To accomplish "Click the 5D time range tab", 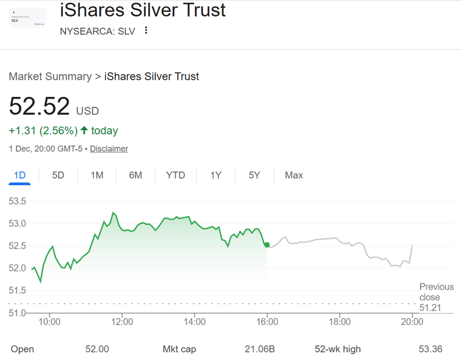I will point(58,175).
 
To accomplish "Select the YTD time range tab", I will point(175,175).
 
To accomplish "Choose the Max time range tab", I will point(294,175).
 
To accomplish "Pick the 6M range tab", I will point(136,175).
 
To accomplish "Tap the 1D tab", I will point(19,175).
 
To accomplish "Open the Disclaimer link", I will point(109,149).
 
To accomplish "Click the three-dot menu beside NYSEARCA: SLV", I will point(146,31).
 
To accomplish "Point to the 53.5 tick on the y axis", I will point(18,201).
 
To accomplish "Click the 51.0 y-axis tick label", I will point(18,313).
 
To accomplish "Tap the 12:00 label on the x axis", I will point(122,322).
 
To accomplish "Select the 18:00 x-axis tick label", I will point(340,322).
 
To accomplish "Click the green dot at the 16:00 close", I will point(267,245).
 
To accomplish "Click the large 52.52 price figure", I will point(39,106).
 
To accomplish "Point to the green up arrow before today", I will point(84,130).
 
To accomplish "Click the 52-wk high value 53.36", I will point(430,349).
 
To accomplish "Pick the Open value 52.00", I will point(97,349).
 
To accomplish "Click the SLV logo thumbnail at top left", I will point(27,18).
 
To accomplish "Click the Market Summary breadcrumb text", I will point(50,76).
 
